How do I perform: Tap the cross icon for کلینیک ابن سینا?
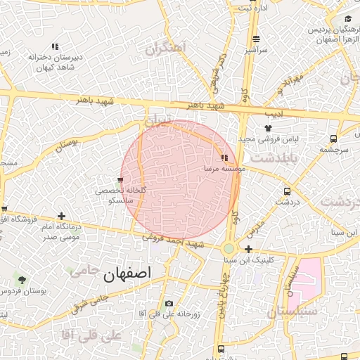coord(248,249)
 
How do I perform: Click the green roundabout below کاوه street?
coord(229,248)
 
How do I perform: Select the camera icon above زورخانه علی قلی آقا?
coord(169,304)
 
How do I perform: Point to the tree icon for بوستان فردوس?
coord(21,281)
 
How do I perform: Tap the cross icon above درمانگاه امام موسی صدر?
coord(63,216)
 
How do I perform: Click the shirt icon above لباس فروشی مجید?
coord(268,128)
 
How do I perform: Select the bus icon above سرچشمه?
coord(333,139)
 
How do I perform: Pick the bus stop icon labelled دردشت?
coord(287,191)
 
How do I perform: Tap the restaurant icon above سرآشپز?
coord(256,39)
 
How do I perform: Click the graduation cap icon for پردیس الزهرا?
coord(347,19)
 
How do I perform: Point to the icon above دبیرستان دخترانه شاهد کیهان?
coord(55,47)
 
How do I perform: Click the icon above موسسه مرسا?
coord(224,158)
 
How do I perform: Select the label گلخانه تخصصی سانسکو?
coord(120,195)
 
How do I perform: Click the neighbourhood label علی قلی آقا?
coord(92,335)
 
